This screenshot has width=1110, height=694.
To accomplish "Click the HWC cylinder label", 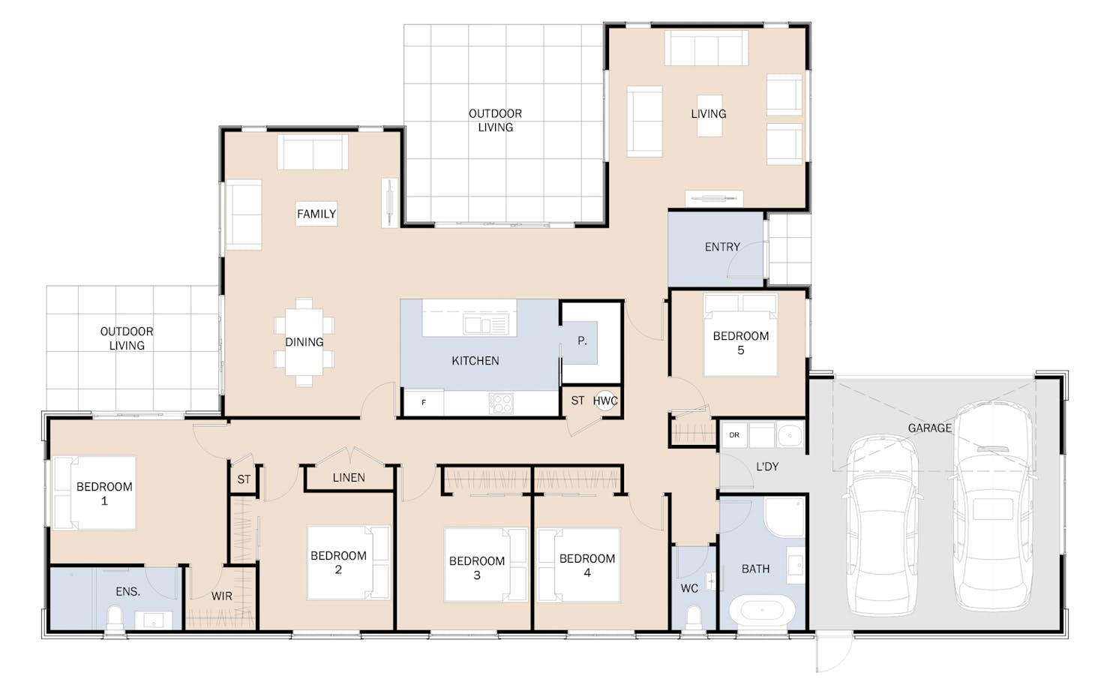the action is [x=605, y=401].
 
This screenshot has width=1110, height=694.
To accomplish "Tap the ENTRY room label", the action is [x=722, y=247].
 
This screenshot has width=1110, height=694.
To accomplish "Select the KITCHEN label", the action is [x=475, y=361].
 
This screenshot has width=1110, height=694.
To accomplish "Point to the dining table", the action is [x=304, y=342].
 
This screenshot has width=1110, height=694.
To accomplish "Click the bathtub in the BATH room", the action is [x=763, y=610].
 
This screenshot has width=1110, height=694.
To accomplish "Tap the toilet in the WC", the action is [x=693, y=619].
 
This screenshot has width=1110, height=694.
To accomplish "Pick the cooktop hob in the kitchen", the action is [x=501, y=404].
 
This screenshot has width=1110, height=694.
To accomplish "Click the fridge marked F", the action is [x=424, y=402].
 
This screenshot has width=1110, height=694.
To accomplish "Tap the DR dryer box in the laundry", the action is [x=734, y=435].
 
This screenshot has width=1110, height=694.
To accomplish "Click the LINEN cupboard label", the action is [x=349, y=477].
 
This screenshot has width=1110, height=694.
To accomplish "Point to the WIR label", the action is [x=221, y=596].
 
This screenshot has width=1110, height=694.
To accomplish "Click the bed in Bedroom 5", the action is [x=740, y=335].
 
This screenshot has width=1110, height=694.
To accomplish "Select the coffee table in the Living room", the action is [x=709, y=116].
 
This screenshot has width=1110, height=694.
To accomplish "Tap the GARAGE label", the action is [x=930, y=428].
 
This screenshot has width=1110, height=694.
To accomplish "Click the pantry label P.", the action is [x=582, y=341].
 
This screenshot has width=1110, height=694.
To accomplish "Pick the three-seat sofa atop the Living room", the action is [x=706, y=47].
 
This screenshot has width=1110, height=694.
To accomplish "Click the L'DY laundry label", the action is [x=767, y=467].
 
